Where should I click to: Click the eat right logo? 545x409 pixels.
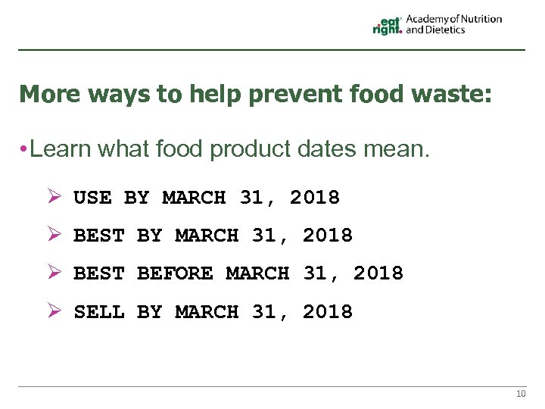click(387, 25)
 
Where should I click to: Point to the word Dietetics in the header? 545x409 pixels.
click(446, 30)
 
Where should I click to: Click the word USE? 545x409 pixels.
click(92, 198)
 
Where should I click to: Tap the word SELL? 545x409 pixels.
click(98, 311)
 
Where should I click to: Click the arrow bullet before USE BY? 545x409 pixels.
click(53, 197)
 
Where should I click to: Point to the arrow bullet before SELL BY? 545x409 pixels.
click(53, 311)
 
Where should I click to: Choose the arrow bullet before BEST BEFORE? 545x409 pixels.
click(53, 272)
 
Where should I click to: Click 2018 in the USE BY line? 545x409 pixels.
click(315, 198)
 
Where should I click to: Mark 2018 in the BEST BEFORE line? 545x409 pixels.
click(378, 273)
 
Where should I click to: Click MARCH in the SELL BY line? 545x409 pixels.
click(207, 311)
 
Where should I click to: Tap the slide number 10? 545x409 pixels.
click(520, 394)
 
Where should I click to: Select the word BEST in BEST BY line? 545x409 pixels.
click(98, 236)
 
